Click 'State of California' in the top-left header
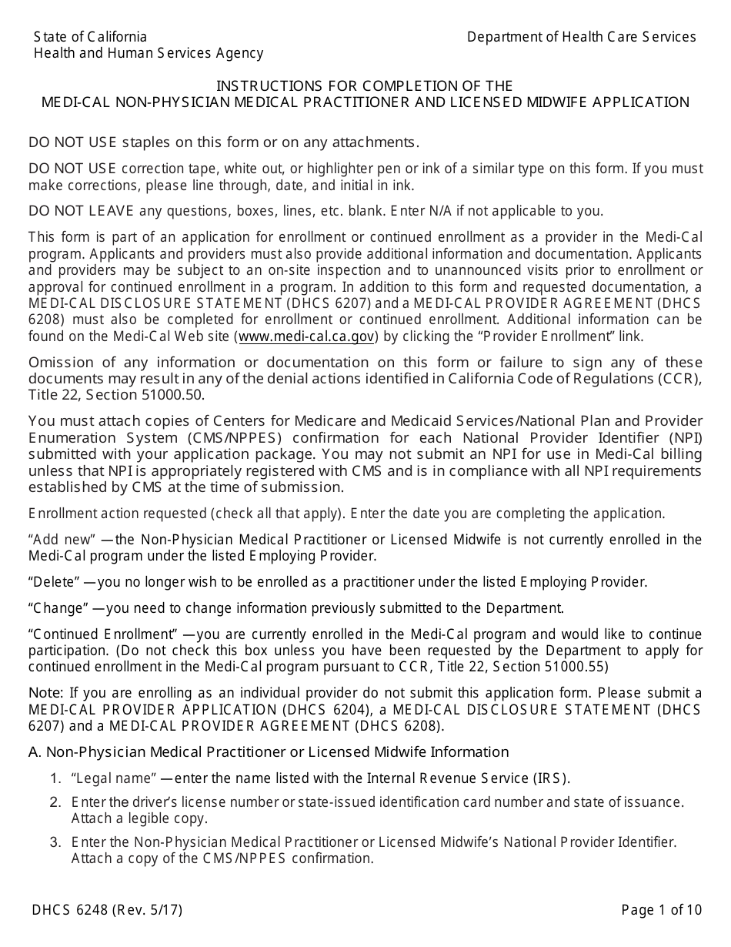(x=90, y=37)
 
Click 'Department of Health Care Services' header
(x=581, y=37)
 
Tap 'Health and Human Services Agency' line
(x=149, y=53)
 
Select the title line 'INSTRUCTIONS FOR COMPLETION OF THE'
(x=364, y=85)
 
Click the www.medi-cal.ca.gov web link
(x=306, y=336)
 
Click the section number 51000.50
(x=174, y=394)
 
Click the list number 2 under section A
(x=55, y=802)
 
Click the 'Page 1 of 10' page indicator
(x=662, y=910)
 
